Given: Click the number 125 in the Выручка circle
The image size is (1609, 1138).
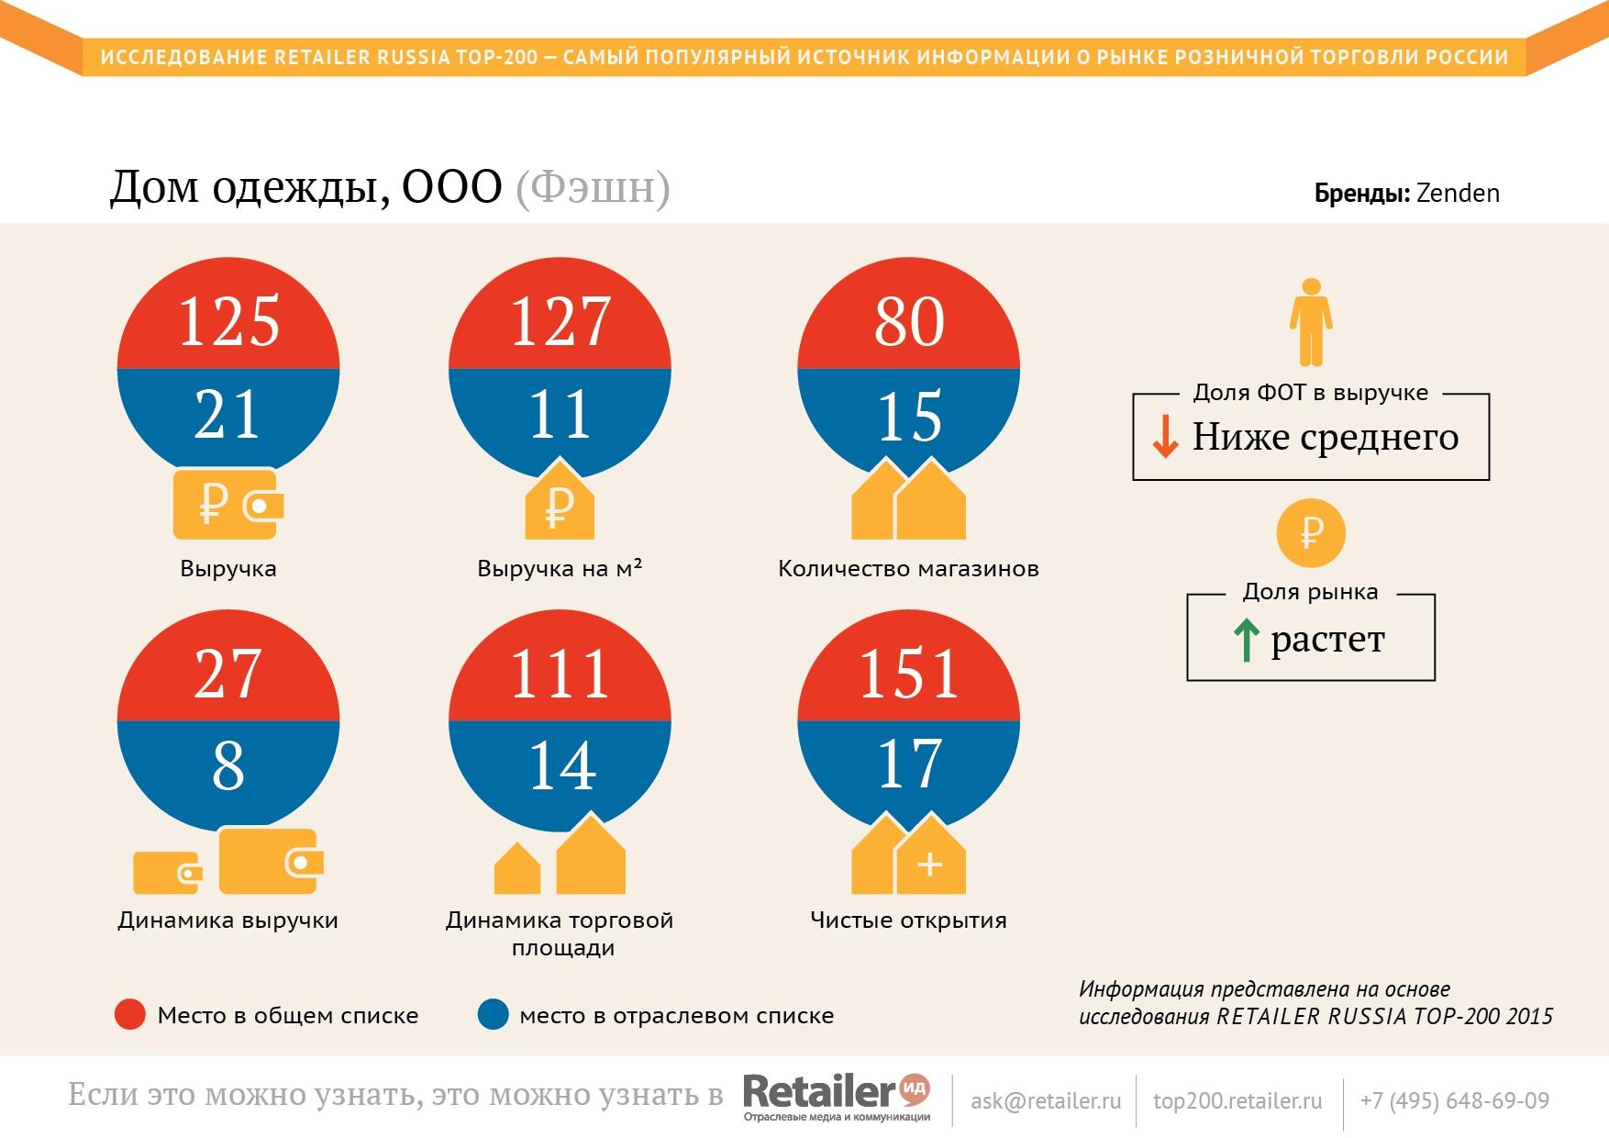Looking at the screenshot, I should pyautogui.click(x=228, y=322).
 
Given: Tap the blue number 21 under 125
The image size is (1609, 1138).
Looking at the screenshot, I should pyautogui.click(x=227, y=415).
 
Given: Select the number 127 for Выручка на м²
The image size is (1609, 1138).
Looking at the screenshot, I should pyautogui.click(x=560, y=322).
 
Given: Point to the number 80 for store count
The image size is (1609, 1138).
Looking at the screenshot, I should pyautogui.click(x=908, y=322).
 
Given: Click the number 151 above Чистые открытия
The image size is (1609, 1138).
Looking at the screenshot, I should pyautogui.click(x=908, y=674).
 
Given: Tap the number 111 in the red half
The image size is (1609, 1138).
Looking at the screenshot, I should pyautogui.click(x=560, y=674).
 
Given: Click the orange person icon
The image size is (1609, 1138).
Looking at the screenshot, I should pyautogui.click(x=1311, y=322).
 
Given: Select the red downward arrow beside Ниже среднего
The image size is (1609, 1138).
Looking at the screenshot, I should pyautogui.click(x=1165, y=437).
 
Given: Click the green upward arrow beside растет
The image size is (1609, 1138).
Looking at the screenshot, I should pyautogui.click(x=1246, y=640).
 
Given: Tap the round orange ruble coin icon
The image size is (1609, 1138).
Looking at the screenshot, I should pyautogui.click(x=1311, y=533).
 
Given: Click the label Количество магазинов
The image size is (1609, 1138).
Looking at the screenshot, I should pyautogui.click(x=908, y=569).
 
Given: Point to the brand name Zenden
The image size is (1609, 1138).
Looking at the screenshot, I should pyautogui.click(x=1458, y=194).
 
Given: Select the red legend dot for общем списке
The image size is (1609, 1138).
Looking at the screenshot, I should pyautogui.click(x=130, y=1015).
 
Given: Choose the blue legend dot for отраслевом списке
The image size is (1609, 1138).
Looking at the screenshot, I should pyautogui.click(x=494, y=1015).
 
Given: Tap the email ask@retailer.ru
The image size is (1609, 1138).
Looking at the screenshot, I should pyautogui.click(x=1046, y=1100).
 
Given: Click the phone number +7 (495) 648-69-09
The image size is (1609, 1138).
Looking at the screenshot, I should pyautogui.click(x=1454, y=1100).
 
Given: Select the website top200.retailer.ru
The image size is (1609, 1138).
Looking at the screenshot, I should pyautogui.click(x=1237, y=1100).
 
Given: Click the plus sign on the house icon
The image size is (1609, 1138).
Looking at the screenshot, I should pyautogui.click(x=929, y=865).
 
